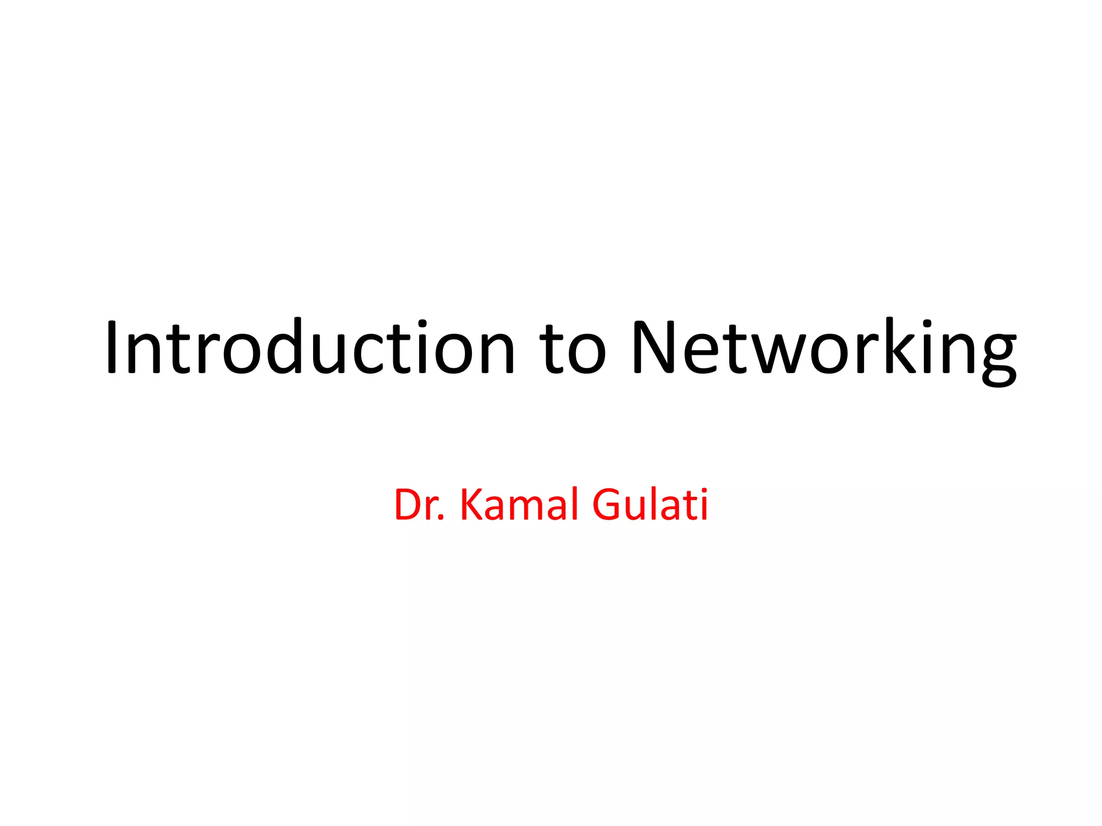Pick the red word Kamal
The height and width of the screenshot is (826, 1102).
coord(520,504)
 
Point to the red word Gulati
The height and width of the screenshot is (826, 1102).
coord(650,504)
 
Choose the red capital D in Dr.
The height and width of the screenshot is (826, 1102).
coord(410,504)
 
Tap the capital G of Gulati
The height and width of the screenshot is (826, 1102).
coord(609,504)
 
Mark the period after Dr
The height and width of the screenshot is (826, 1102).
coord(442,518)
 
